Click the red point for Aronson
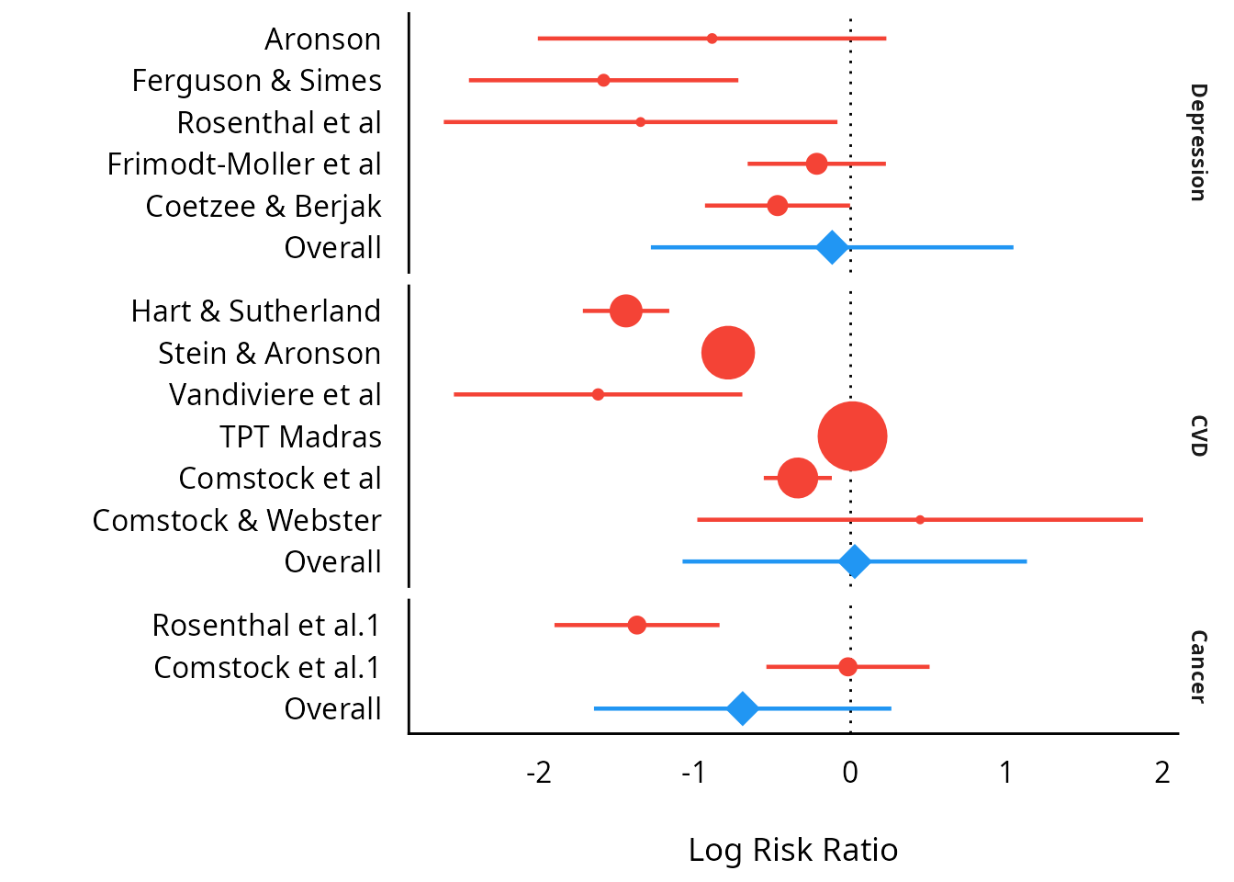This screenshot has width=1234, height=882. pyautogui.click(x=712, y=39)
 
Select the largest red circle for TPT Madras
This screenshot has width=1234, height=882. pyautogui.click(x=852, y=436)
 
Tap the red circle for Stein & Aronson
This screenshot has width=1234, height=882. pyautogui.click(x=728, y=353)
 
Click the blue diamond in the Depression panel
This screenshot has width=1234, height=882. pyautogui.click(x=832, y=247)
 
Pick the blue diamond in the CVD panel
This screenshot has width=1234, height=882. pyautogui.click(x=855, y=561)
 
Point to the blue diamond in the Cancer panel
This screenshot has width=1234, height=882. pyautogui.click(x=743, y=708)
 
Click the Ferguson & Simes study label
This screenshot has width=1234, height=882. pyautogui.click(x=256, y=81)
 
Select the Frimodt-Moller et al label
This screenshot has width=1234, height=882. pyautogui.click(x=243, y=164)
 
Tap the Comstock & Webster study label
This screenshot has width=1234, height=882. pyautogui.click(x=237, y=521)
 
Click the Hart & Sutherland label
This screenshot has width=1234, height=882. pyautogui.click(x=255, y=311)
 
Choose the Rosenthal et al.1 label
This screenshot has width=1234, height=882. pyautogui.click(x=266, y=626)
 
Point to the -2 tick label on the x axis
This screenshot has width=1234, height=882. pyautogui.click(x=539, y=773)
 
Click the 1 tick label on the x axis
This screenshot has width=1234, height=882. pyautogui.click(x=1006, y=773)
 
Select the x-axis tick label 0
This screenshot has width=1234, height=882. pyautogui.click(x=850, y=773)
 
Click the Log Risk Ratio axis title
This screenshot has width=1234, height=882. pyautogui.click(x=792, y=850)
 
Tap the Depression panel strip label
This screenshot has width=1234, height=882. pyautogui.click(x=1197, y=142)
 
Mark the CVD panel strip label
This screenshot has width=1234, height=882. pyautogui.click(x=1197, y=435)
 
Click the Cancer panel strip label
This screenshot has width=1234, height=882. pyautogui.click(x=1197, y=667)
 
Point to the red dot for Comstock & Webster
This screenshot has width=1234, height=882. pyautogui.click(x=920, y=520)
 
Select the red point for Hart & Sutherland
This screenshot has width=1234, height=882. pyautogui.click(x=626, y=311)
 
